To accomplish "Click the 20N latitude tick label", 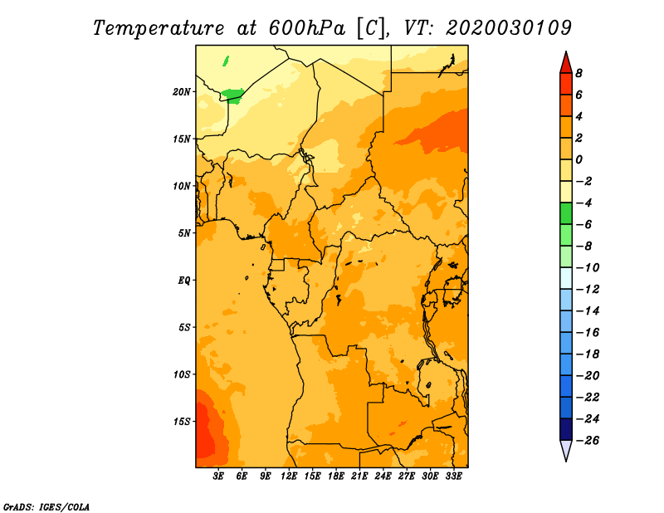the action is (x=181, y=92).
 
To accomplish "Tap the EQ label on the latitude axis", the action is (x=183, y=281).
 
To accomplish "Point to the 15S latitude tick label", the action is (x=182, y=422).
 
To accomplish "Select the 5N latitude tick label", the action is (x=184, y=233).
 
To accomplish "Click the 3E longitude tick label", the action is (x=218, y=476).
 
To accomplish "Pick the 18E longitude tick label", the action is (x=336, y=476).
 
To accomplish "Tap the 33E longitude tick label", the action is (x=453, y=476).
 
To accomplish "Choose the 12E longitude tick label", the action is (x=289, y=476).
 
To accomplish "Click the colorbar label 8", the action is (x=579, y=73).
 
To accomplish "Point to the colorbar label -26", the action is (x=588, y=441).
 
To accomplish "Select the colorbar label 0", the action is (x=579, y=159).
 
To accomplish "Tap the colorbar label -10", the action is (x=588, y=268).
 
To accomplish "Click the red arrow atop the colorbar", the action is (x=566, y=63).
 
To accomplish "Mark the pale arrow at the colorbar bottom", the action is (x=566, y=450).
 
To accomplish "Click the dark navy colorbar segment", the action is (x=566, y=429).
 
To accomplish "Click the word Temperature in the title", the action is (x=159, y=28).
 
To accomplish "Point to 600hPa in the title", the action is (x=307, y=28).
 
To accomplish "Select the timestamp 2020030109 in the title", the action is (x=509, y=28).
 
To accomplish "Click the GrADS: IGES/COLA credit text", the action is (x=46, y=507).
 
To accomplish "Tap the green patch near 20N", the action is (x=232, y=95).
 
